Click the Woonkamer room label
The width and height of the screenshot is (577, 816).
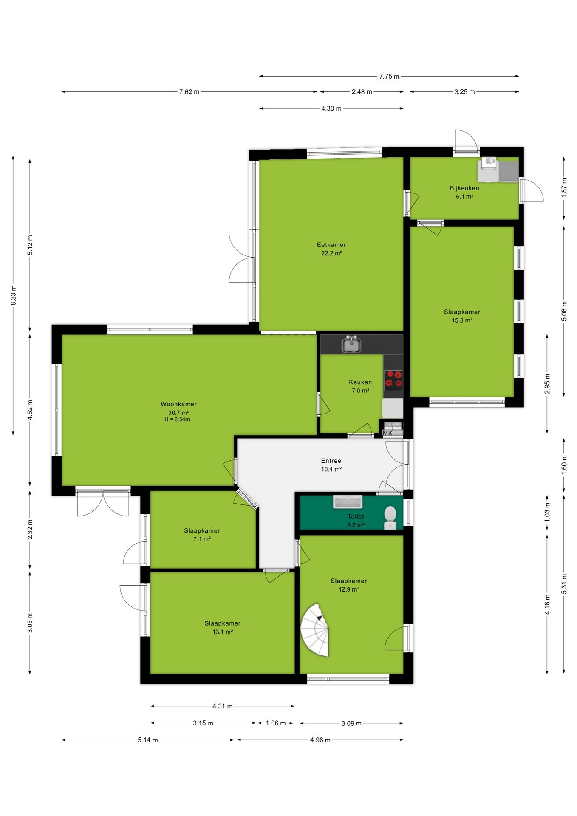(x=178, y=404)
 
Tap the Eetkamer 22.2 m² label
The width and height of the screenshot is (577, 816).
(x=331, y=249)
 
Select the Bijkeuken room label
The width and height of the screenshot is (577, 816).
(x=464, y=188)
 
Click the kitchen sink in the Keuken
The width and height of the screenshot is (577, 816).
(x=351, y=344)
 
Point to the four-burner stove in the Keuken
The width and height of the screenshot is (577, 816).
(x=393, y=380)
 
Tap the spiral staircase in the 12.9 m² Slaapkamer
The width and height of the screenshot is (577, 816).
(x=315, y=630)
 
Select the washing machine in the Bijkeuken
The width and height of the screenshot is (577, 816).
(x=488, y=169)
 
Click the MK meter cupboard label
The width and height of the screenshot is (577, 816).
(x=387, y=433)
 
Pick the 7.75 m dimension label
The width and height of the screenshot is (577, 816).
(x=389, y=76)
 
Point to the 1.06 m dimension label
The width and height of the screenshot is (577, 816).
(x=276, y=723)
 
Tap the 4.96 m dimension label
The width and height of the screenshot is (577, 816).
(x=320, y=740)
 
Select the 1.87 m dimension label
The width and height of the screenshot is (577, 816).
(x=564, y=187)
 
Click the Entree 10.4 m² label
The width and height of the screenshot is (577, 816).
(x=331, y=465)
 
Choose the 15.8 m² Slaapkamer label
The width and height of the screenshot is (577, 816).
(x=462, y=316)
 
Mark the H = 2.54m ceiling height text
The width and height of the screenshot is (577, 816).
(x=177, y=419)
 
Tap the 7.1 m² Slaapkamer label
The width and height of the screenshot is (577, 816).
(x=202, y=535)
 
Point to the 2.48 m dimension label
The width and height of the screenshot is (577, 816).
(x=362, y=92)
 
